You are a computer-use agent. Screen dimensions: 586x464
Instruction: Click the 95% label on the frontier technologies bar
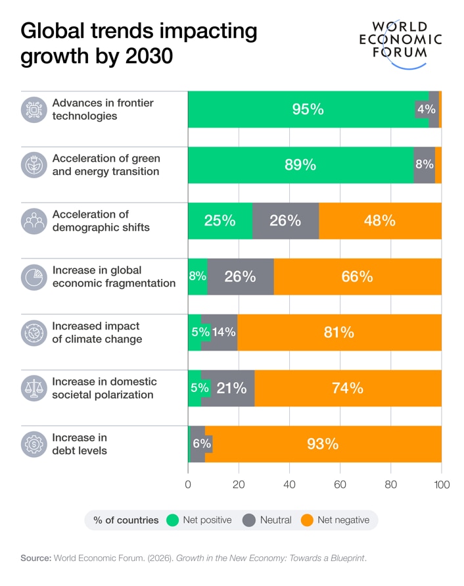pos(308,109)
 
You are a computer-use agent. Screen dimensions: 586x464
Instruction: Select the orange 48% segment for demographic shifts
pos(380,221)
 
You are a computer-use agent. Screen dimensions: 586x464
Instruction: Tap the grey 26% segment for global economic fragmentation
pos(240,277)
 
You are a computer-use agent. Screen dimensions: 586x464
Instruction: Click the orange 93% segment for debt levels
pos(323,444)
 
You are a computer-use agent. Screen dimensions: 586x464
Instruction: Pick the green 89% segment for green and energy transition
pos(300,165)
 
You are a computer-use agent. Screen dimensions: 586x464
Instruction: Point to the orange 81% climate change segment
pos(338,333)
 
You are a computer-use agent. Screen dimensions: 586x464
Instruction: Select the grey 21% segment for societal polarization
pos(231,388)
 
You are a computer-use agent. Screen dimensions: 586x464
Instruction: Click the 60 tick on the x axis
pos(340,485)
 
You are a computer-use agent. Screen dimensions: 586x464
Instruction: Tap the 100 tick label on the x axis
pos(442,485)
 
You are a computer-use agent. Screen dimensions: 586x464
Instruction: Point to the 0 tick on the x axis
pos(188,485)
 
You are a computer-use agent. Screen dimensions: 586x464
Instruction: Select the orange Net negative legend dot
pos(306,520)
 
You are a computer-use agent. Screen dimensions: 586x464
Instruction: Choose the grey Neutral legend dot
pos(249,520)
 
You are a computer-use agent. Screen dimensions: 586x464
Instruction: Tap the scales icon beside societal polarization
pos(33,388)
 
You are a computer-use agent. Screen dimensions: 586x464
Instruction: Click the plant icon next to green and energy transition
pos(33,165)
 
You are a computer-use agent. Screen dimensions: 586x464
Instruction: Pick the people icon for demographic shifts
pos(33,221)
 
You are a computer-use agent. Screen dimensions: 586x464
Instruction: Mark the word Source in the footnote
pos(35,558)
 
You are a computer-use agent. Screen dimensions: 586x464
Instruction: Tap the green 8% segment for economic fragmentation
pos(197,277)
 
